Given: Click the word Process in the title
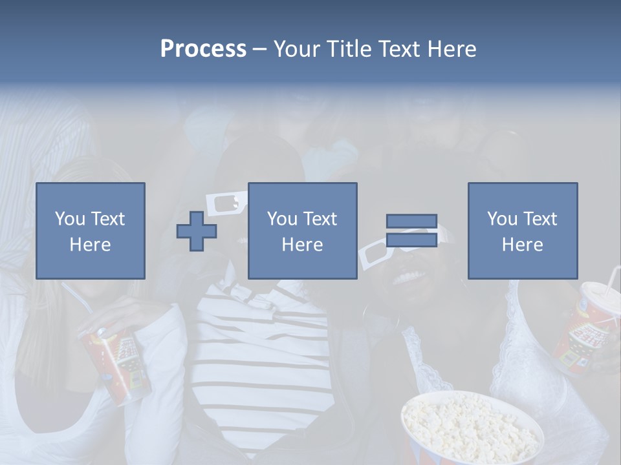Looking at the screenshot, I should point(203,49).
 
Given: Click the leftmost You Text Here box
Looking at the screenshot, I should point(91,231).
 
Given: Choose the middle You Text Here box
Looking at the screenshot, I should point(303,231).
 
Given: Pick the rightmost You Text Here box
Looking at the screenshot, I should point(523,231).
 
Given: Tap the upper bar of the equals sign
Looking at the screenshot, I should point(411,221).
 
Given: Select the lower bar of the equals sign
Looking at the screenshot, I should point(411,240).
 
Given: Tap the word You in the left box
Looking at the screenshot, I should point(69,219).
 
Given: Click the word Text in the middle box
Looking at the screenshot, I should point(320,219).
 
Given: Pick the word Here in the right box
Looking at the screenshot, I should point(523,245).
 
